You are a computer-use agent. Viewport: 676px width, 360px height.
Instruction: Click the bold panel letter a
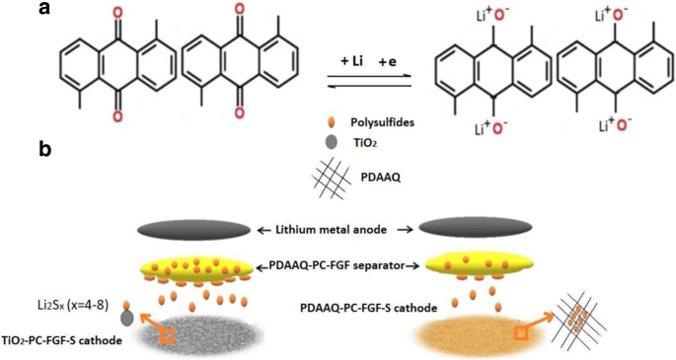click(43, 10)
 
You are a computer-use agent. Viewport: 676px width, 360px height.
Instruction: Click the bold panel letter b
click(44, 149)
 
